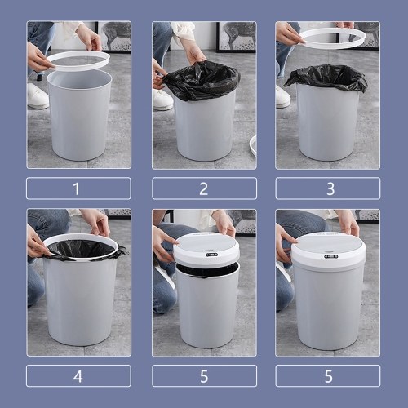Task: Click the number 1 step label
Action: [x=77, y=188]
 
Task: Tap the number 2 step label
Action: [x=204, y=188]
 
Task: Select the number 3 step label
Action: [x=330, y=188]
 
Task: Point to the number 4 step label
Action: [x=78, y=377]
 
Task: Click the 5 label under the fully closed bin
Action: [x=329, y=377]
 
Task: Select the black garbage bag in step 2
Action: [x=202, y=79]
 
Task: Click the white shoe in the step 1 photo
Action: [x=38, y=95]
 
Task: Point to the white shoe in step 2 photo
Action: [x=162, y=100]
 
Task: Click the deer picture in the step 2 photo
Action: [x=236, y=37]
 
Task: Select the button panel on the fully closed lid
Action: [x=330, y=257]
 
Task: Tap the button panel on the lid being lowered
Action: [x=212, y=255]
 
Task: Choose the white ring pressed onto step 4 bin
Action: [x=47, y=245]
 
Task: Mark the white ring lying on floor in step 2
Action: [x=253, y=145]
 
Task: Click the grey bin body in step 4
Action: [x=80, y=302]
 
